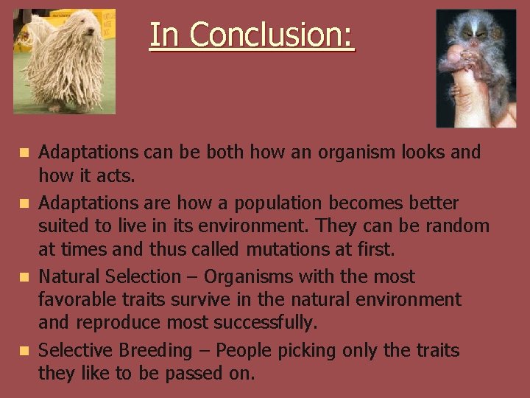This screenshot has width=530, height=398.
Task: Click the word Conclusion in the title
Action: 272,35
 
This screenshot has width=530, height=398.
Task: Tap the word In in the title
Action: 164,35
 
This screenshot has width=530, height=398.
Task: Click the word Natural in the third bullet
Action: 69,277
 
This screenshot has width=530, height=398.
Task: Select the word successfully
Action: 264,324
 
